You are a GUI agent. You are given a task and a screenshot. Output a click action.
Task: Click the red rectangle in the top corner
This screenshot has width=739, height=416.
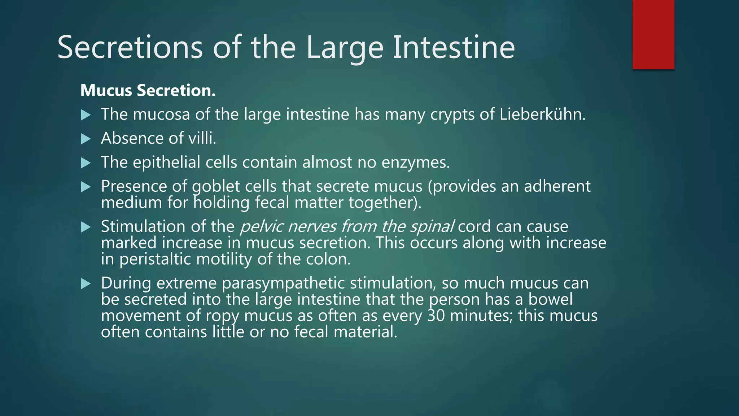[653, 35]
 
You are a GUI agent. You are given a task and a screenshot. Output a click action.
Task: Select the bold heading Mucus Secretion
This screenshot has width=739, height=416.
[148, 90]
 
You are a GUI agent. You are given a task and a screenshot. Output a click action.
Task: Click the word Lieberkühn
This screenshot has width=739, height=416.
[542, 114]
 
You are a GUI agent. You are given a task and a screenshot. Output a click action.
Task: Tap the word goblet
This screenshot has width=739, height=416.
[216, 187]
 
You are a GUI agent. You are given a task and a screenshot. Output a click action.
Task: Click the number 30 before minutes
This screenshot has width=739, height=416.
[436, 316]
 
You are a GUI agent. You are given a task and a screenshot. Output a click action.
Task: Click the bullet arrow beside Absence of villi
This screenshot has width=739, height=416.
[86, 139]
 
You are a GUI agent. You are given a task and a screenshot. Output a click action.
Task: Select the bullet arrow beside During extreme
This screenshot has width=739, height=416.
[86, 283]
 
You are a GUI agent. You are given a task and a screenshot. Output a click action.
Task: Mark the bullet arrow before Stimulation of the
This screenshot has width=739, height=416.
[86, 227]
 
